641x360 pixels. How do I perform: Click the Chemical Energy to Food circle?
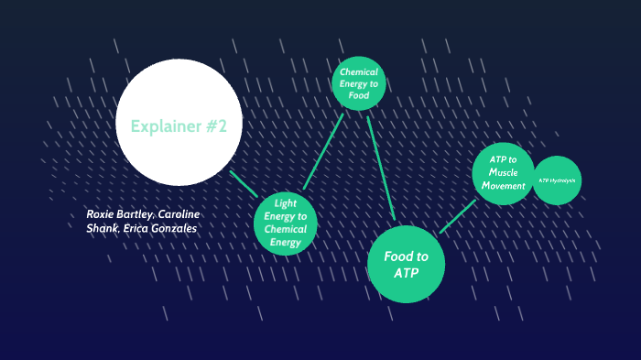click(x=357, y=83)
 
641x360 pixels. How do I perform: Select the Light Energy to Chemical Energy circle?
click(x=285, y=223)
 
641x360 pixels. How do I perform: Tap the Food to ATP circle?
click(x=406, y=264)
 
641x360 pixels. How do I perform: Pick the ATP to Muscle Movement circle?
click(x=503, y=172)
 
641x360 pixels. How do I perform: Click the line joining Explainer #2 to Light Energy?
click(x=243, y=183)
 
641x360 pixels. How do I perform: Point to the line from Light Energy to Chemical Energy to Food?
click(x=323, y=152)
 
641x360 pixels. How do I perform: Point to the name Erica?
click(x=134, y=228)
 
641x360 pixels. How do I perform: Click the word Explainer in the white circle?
click(x=164, y=126)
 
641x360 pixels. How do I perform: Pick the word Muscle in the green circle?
click(x=503, y=172)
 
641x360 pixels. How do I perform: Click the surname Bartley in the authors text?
click(x=137, y=214)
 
